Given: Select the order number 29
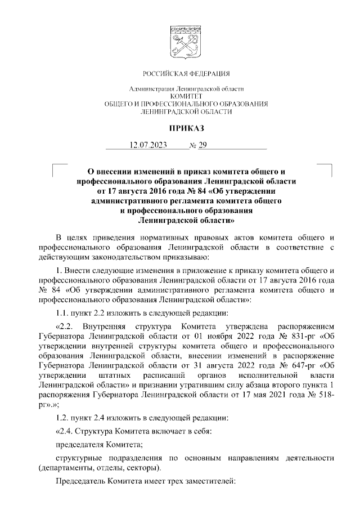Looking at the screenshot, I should (202, 145).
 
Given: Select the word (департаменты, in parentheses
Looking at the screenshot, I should (64, 468).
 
